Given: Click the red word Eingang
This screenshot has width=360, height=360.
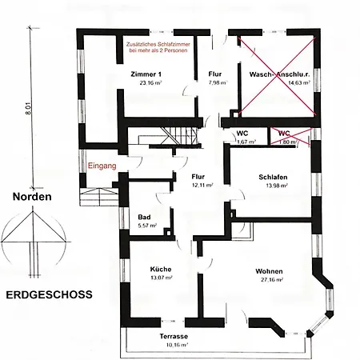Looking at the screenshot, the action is pos(102,166).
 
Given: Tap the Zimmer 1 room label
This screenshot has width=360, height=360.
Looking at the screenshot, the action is pos(146,74).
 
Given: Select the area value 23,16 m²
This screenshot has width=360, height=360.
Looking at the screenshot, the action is pos(150,82).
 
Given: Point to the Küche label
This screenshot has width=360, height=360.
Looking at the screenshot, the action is pos(161,269).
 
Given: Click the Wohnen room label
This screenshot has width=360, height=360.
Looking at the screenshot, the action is pos(269,271).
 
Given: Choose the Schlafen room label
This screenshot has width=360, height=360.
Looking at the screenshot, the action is pos(273,177).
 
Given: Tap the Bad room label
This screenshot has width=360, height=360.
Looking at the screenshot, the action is pos(144,217).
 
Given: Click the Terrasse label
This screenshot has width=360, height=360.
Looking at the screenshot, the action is pos(174,336).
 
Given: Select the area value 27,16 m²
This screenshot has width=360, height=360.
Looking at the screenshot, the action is pos(272,280).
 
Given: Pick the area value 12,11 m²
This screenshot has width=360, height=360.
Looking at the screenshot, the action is pos(202,185).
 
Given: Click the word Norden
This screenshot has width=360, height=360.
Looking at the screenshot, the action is pos(32,197).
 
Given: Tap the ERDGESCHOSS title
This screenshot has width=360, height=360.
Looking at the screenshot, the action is pos(50,294).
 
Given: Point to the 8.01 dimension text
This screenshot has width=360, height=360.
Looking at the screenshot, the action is pos(28,109).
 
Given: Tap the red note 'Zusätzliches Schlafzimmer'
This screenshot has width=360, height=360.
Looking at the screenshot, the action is pos(158,44).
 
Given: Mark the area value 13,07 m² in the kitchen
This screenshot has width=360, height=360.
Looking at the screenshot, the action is pos(162,278).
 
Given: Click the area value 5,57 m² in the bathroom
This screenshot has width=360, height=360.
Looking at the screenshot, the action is pos(147,226).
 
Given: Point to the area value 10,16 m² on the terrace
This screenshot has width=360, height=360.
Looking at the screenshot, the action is pos(178,345).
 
